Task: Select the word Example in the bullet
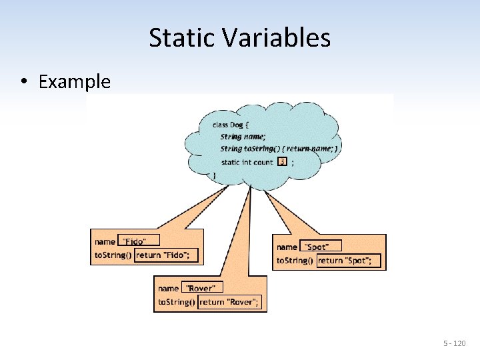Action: point(75,82)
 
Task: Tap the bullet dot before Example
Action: point(23,82)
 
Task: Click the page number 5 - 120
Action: point(455,343)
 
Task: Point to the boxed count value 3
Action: point(283,161)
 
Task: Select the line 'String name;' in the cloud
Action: point(243,136)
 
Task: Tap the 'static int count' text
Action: point(247,162)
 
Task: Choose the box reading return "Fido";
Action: point(166,255)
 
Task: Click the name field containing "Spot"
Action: point(320,247)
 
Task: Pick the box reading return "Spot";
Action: point(349,261)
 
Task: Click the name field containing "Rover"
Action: point(202,288)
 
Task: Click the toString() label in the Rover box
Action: point(177,302)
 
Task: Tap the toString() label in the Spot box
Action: point(295,261)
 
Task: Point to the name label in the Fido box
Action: point(105,241)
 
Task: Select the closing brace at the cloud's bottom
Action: point(214,175)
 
